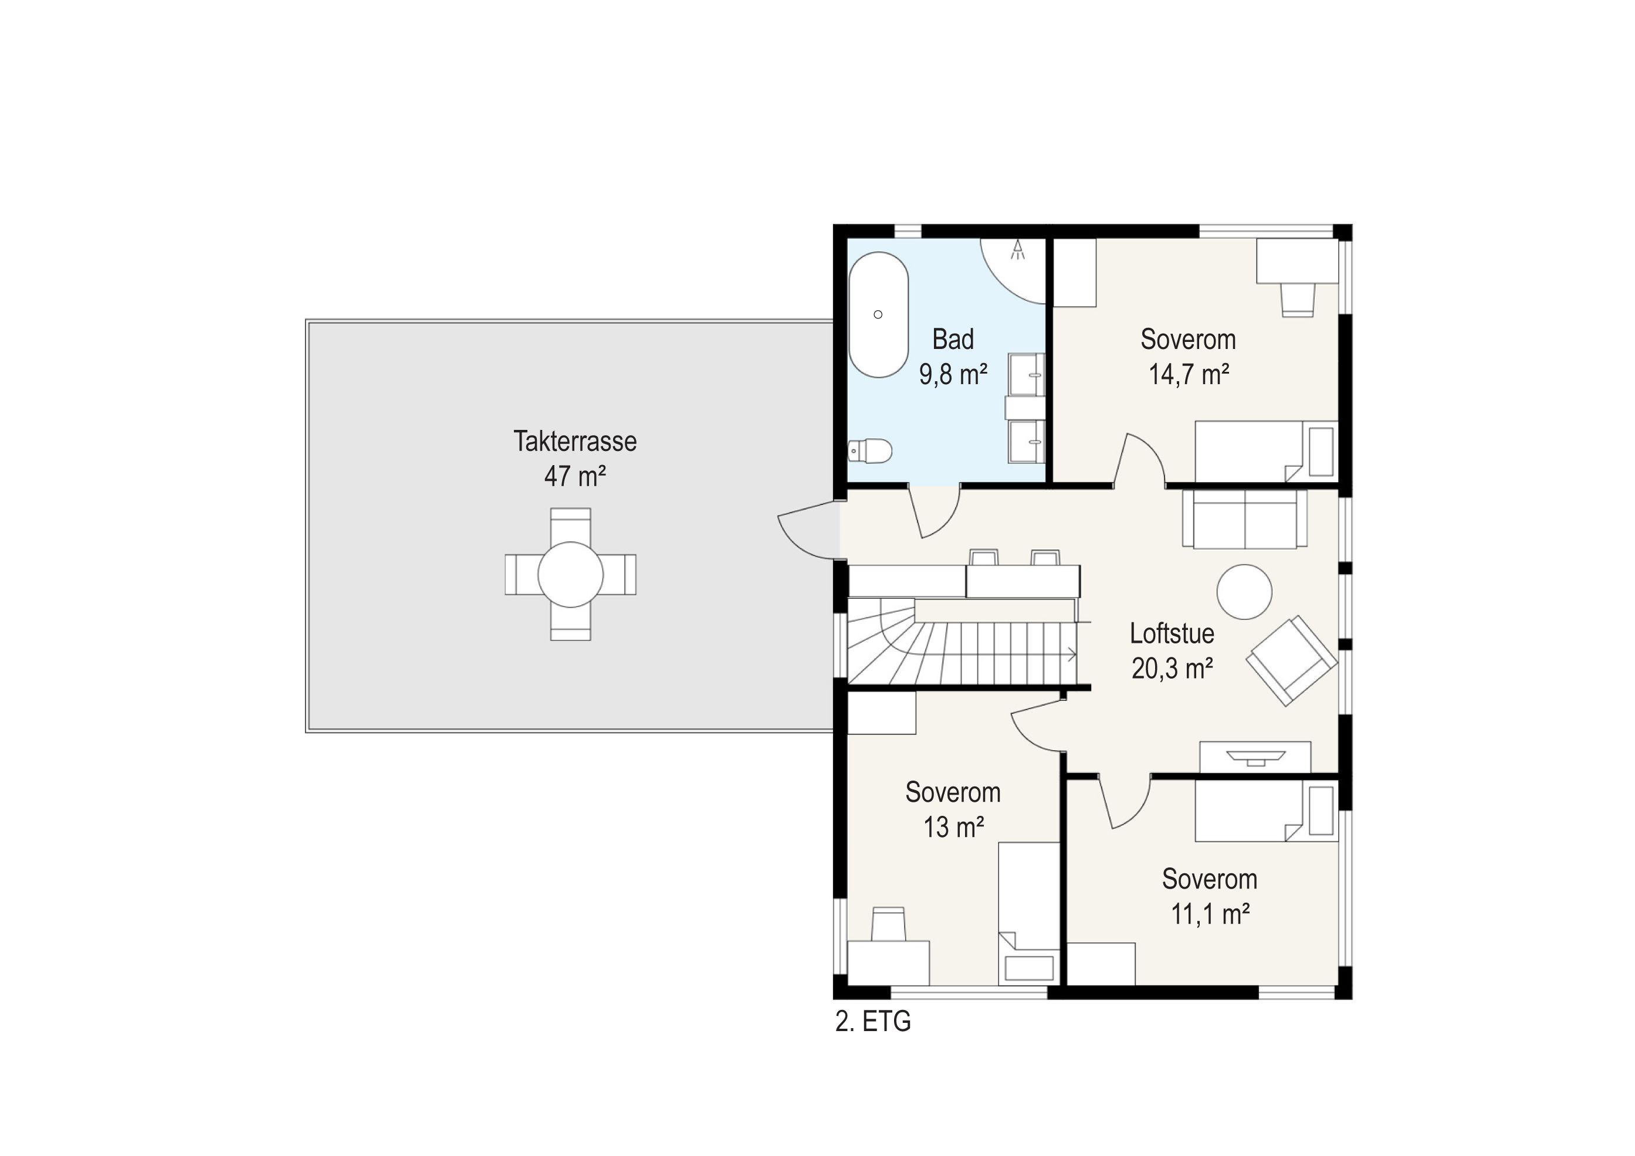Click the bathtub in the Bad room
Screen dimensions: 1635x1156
(879, 314)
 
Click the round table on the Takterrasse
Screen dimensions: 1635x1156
(570, 574)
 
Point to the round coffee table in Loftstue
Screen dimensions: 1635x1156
(1244, 592)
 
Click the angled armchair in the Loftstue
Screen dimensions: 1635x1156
(1291, 660)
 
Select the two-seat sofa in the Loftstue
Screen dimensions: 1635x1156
(1244, 519)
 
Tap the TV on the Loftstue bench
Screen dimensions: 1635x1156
(1255, 757)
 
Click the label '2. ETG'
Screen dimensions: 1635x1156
(873, 1022)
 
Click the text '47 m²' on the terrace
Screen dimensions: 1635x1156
(575, 476)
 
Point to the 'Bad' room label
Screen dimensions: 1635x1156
(953, 340)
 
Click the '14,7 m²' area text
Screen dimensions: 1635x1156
(1189, 374)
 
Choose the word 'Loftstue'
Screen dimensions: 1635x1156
(1172, 633)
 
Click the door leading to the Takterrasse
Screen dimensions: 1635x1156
(808, 530)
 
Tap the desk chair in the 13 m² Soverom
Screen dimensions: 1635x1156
(888, 924)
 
